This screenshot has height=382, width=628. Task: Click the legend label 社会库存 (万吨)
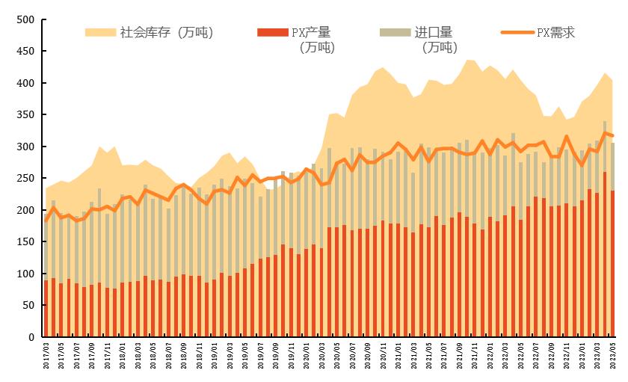pyautogui.click(x=167, y=32)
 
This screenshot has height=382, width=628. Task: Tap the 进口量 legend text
pyautogui.click(x=434, y=32)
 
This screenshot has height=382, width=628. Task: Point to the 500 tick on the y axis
pyautogui.click(x=25, y=20)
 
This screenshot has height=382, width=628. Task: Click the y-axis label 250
pyautogui.click(x=25, y=179)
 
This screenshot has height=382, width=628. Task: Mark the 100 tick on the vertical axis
pyautogui.click(x=25, y=274)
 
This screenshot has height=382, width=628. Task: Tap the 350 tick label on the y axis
pyautogui.click(x=25, y=115)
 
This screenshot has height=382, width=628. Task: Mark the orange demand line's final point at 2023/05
pyautogui.click(x=612, y=135)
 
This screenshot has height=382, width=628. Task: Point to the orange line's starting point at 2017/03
pyautogui.click(x=46, y=220)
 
